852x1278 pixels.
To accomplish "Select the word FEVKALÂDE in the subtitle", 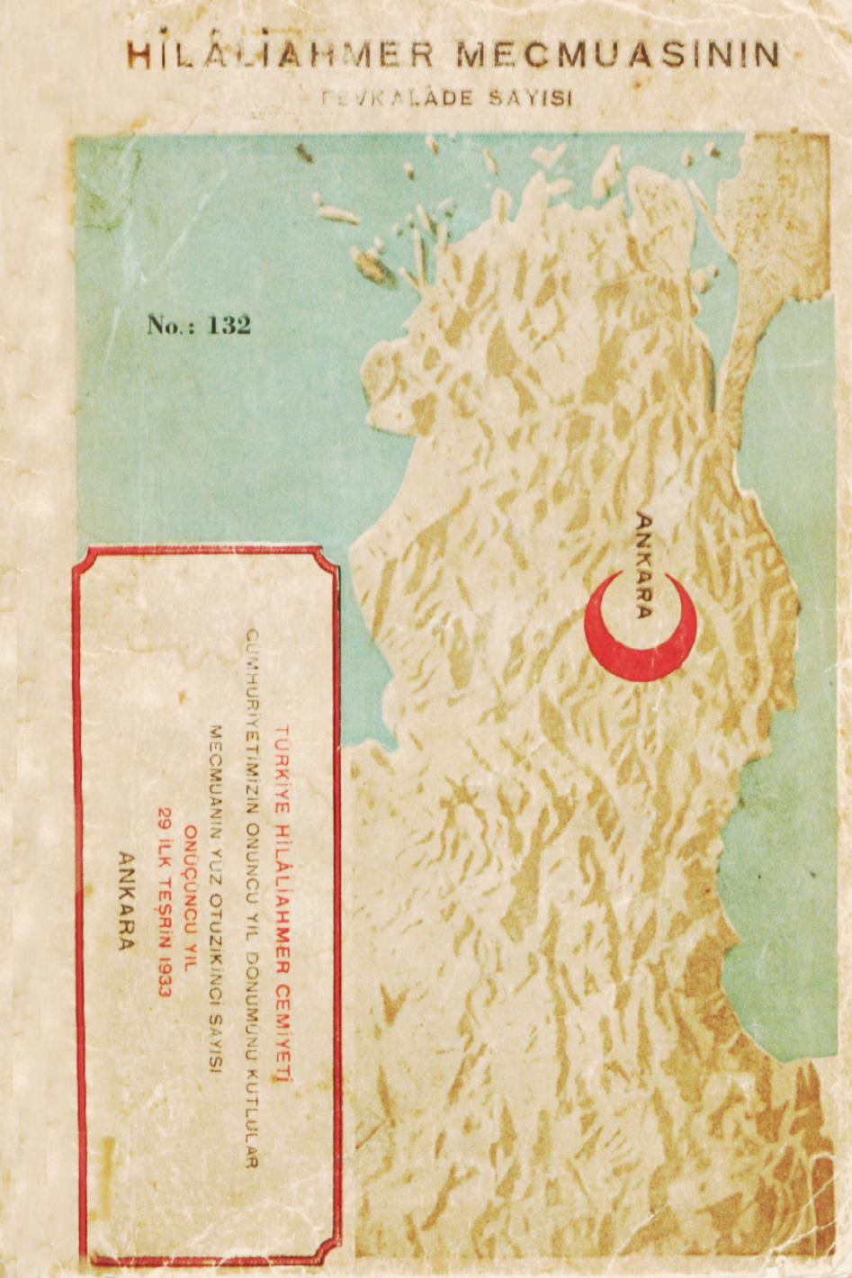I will [x=397, y=97].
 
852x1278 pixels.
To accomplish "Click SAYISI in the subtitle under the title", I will [x=532, y=97].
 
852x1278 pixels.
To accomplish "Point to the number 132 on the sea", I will [x=229, y=325].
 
